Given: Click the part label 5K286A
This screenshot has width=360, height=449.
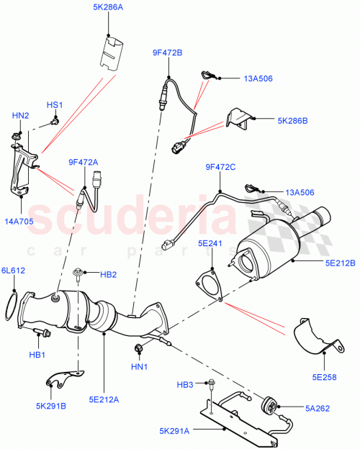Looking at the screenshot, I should click(108, 8).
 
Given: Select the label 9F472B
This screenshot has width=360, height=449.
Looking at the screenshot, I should click(167, 53).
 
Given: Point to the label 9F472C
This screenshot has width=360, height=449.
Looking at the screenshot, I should click(220, 167).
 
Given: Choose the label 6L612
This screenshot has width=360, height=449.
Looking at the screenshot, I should click(14, 270).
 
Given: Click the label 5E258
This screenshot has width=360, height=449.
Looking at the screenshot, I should click(325, 375).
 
